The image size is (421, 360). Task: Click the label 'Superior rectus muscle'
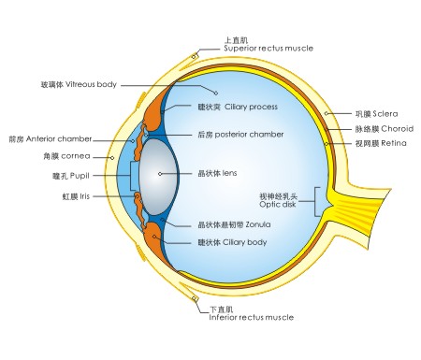pos(269,49)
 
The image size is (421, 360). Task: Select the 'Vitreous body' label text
pos(93,85)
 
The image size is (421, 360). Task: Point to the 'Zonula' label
pos(253,225)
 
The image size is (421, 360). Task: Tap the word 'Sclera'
pos(370,113)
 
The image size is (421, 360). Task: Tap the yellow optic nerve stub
pos(374,199)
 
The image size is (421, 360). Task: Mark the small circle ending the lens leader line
pos(160,174)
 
